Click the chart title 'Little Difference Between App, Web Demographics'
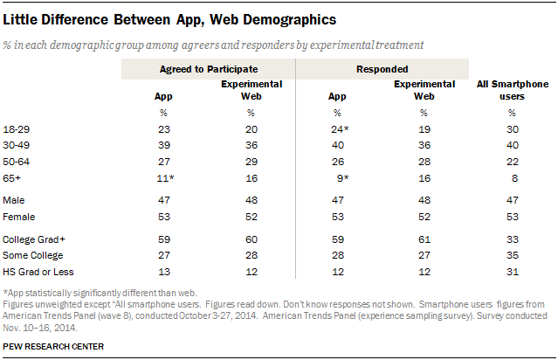pyautogui.click(x=169, y=20)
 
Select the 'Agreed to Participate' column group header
pyautogui.click(x=209, y=69)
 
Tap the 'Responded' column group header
pyautogui.click(x=382, y=69)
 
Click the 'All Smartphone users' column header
pyautogui.click(x=513, y=90)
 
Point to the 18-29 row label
pyautogui.click(x=17, y=129)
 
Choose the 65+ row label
pyautogui.click(x=11, y=178)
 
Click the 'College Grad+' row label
pyautogui.click(x=34, y=239)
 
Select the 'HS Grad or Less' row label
pyautogui.click(x=38, y=272)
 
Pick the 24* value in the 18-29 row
pyautogui.click(x=340, y=129)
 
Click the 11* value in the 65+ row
pyautogui.click(x=165, y=178)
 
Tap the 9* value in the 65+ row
pyautogui.click(x=342, y=178)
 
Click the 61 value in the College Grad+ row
pyautogui.click(x=424, y=239)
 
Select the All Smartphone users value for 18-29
pyautogui.click(x=513, y=129)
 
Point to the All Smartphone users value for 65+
pyautogui.click(x=514, y=178)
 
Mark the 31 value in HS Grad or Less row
pyautogui.click(x=513, y=272)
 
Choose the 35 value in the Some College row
pyautogui.click(x=513, y=255)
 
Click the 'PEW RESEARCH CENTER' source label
pyautogui.click(x=53, y=347)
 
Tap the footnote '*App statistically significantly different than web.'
pyautogui.click(x=100, y=293)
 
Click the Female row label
pyautogui.click(x=19, y=217)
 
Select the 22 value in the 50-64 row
pyautogui.click(x=513, y=162)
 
